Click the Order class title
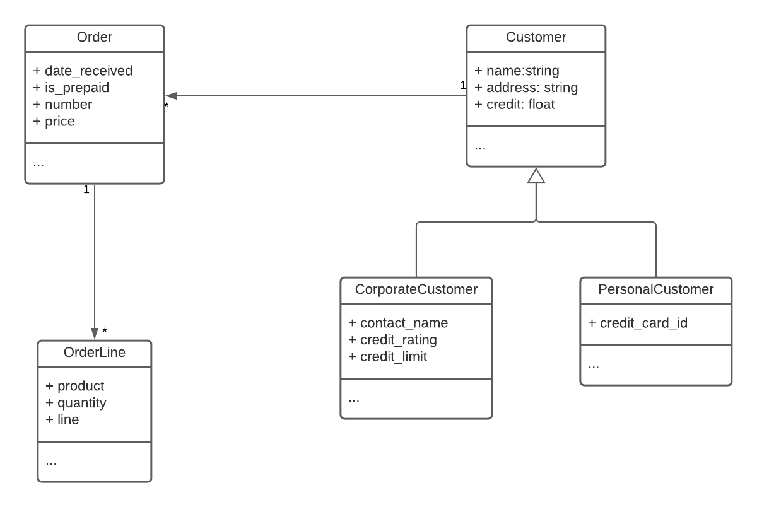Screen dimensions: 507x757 click(95, 37)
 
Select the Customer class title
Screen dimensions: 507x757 click(536, 37)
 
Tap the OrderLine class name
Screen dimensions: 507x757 click(95, 353)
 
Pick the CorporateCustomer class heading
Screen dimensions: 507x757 click(416, 289)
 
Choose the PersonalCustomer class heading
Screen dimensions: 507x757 click(655, 289)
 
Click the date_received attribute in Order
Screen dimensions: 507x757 click(83, 71)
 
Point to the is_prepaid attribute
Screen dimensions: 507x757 click(75, 88)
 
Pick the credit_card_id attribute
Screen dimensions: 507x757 click(638, 323)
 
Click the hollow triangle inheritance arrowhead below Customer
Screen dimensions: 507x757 click(536, 176)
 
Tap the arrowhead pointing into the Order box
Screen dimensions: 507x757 click(170, 96)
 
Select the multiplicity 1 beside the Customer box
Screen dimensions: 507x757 click(462, 85)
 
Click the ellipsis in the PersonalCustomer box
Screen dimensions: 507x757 click(594, 365)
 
